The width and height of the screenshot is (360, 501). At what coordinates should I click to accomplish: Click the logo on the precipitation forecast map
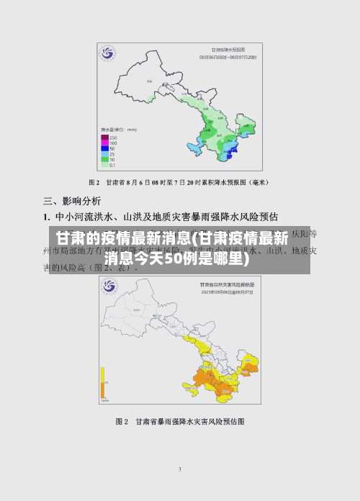108,53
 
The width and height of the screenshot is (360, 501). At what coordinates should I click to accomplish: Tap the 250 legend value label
114,137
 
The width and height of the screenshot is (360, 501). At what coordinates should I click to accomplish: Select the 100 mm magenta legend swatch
104,143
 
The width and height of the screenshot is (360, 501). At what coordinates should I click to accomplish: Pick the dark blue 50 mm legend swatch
104,148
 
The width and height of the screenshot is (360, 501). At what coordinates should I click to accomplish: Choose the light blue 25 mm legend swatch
104,154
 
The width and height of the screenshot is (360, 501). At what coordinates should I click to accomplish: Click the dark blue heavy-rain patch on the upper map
230,150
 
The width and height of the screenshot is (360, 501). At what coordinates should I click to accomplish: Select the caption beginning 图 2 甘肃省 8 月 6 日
179,181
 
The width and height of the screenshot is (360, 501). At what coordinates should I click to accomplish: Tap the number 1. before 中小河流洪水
46,216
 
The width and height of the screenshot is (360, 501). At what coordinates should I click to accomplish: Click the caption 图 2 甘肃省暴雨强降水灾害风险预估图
180,420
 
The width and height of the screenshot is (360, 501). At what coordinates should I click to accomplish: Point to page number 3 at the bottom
179,469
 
